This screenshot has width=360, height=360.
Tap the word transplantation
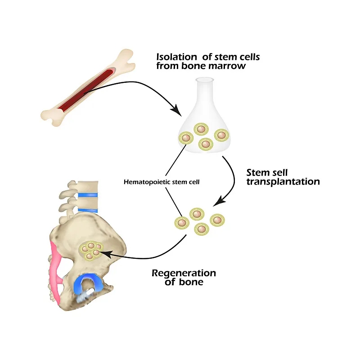[283, 182]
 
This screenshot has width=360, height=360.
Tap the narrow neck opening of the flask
[204, 81]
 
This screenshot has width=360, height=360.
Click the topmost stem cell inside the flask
[201, 129]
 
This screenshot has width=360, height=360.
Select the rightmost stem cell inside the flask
[221, 135]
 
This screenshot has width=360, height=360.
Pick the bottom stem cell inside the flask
[206, 144]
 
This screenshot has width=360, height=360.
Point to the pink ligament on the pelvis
[57, 270]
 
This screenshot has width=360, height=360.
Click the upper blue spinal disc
[87, 195]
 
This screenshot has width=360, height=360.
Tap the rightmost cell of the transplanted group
[218, 220]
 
